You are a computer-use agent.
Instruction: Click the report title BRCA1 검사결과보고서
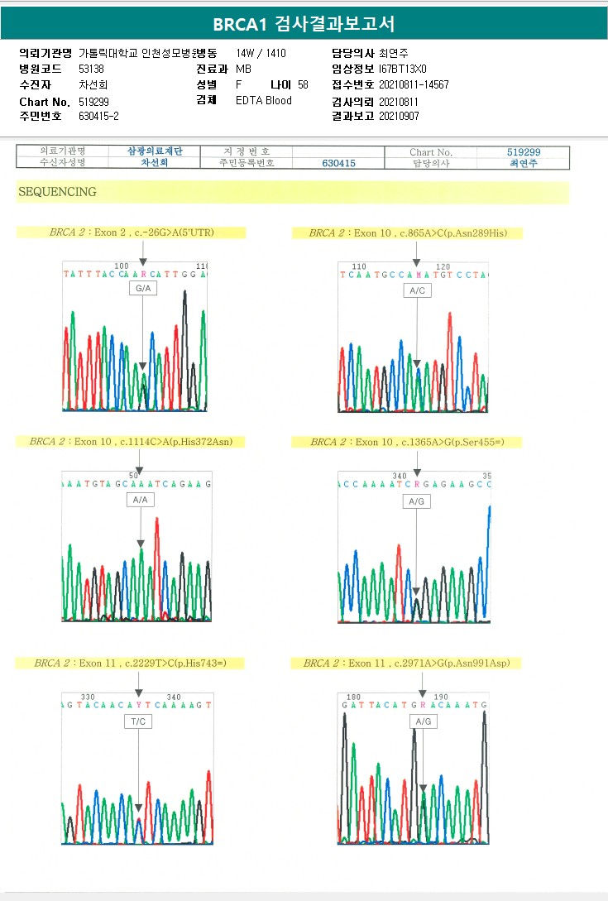tap(304, 23)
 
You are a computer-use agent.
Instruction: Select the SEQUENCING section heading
tap(57, 192)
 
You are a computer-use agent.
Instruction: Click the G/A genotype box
tap(143, 289)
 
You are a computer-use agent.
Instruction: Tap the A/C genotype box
tap(417, 290)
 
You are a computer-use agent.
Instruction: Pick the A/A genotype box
tap(141, 500)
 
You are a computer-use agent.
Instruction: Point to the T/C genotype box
tap(138, 721)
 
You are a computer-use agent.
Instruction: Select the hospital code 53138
tap(91, 69)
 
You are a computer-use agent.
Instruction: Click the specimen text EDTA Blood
tap(264, 101)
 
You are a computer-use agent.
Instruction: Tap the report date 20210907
tap(400, 116)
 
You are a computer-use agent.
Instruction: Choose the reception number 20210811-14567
tap(414, 84)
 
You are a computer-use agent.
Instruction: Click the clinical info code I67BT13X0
tap(403, 69)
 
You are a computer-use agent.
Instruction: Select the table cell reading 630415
tap(338, 164)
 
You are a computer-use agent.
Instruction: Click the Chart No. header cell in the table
tap(430, 152)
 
